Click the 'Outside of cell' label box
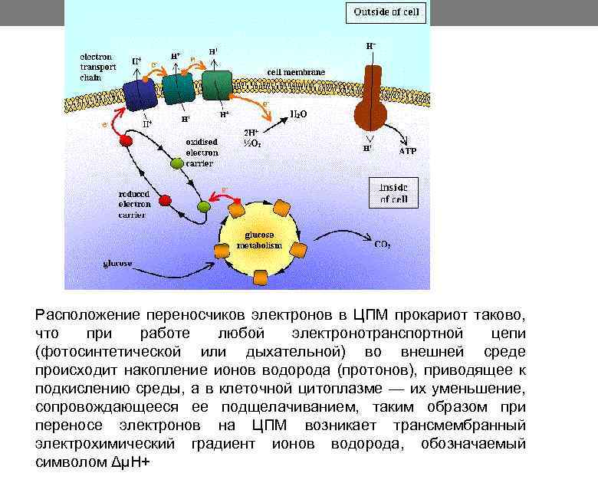click(x=386, y=13)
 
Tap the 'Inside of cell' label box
click(x=394, y=192)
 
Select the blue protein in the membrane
click(x=142, y=94)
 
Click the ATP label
click(x=408, y=152)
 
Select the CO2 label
click(x=382, y=245)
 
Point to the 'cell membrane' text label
click(x=296, y=72)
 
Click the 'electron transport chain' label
click(x=97, y=67)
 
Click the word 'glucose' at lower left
click(x=117, y=264)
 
